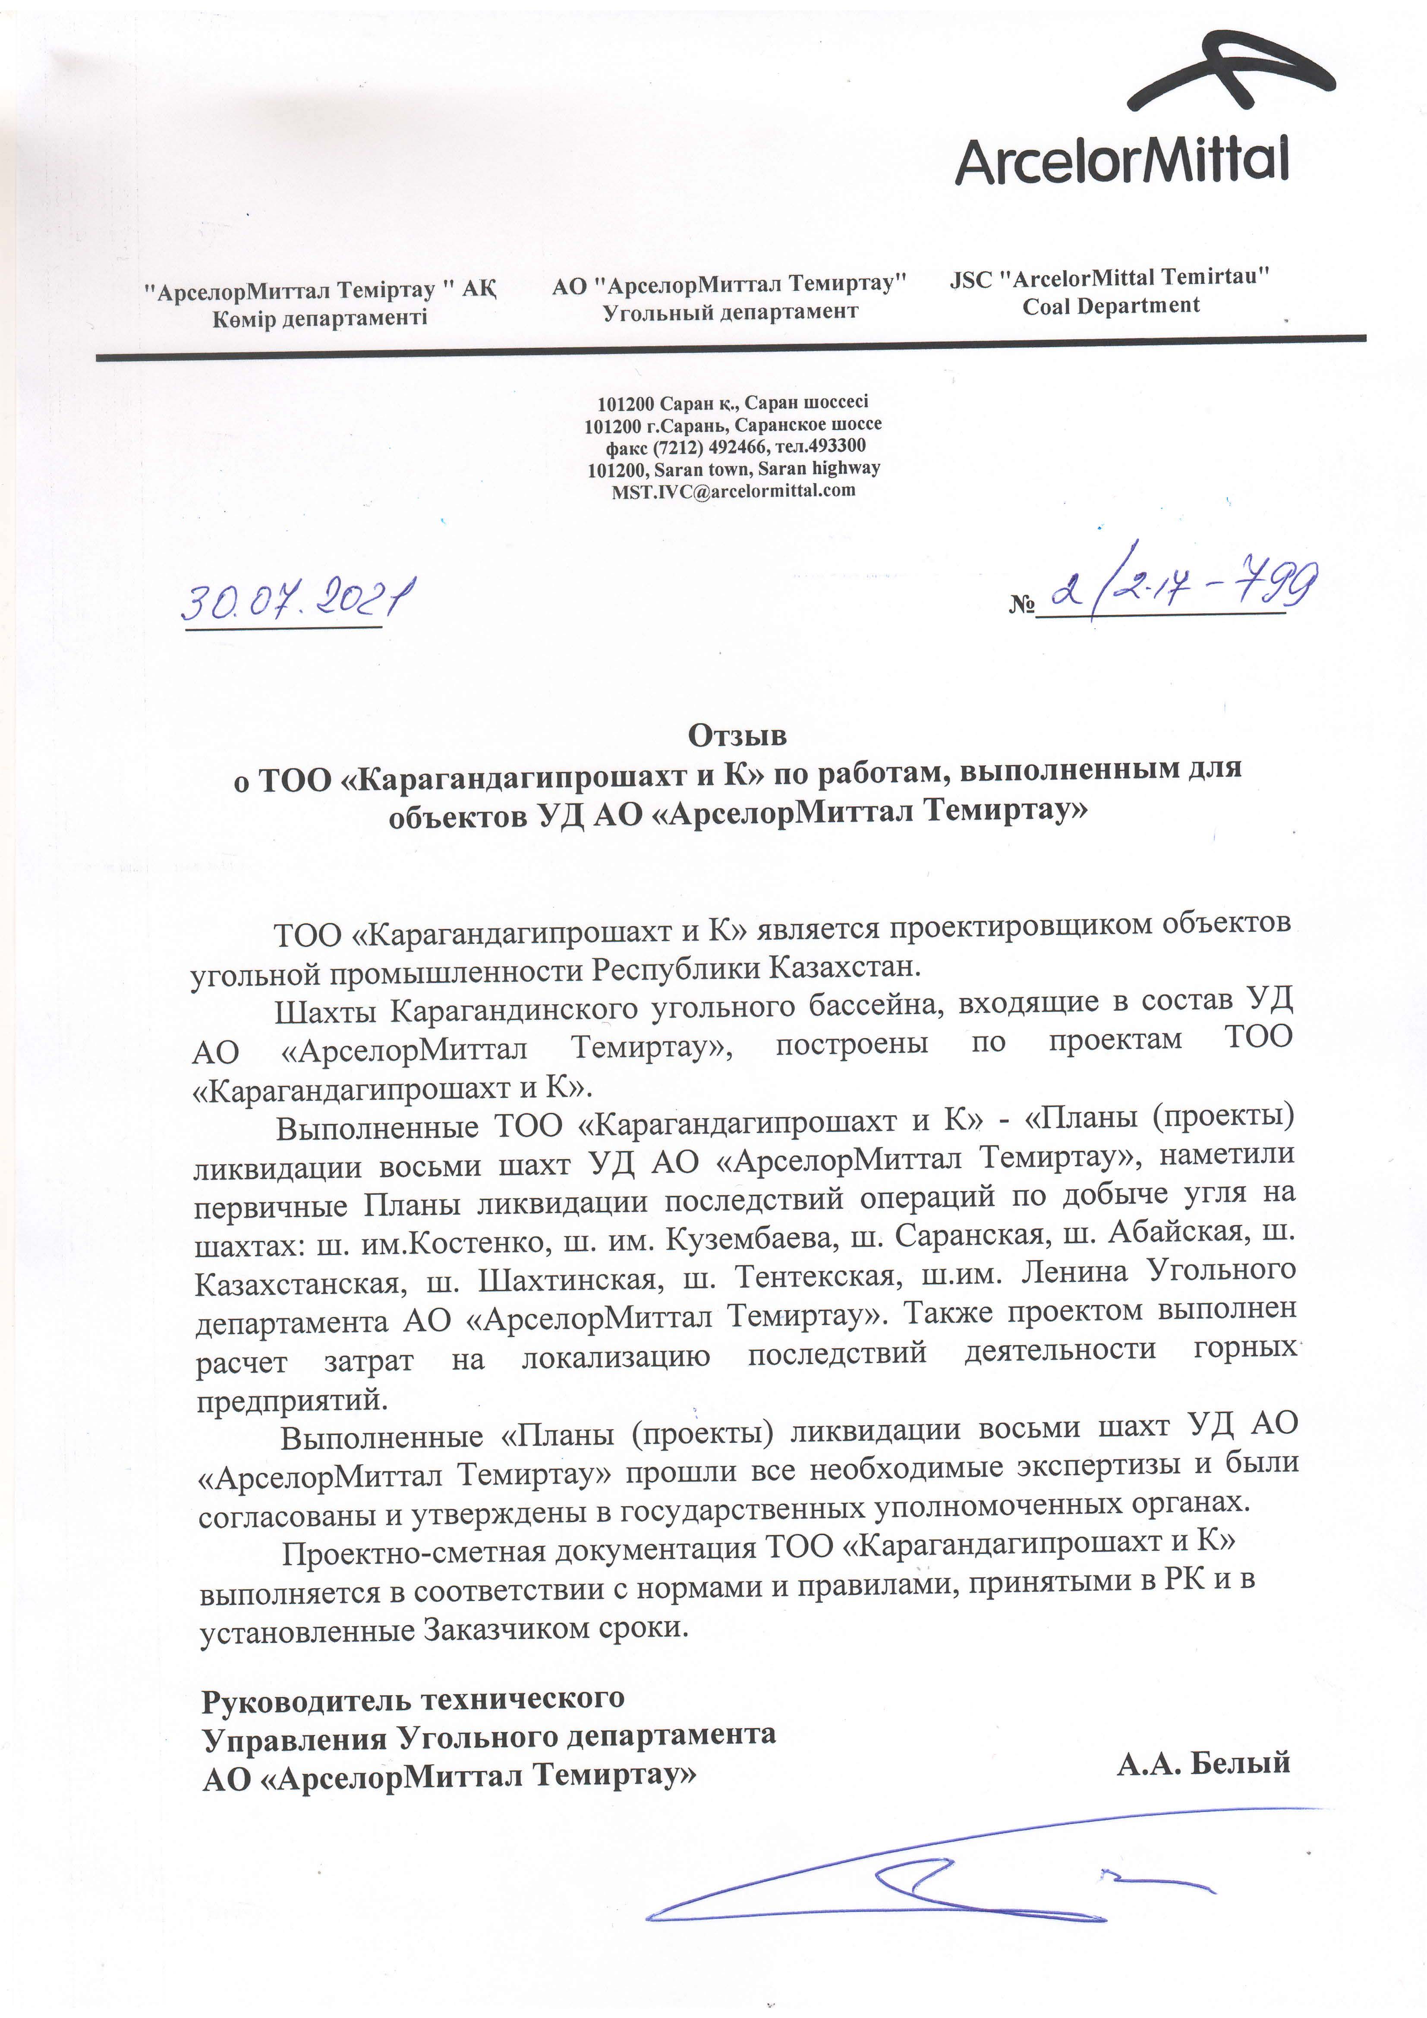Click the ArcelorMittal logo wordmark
coord(1123,160)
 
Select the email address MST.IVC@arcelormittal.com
coord(733,491)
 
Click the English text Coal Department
coord(1110,306)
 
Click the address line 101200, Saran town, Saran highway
coord(733,469)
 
